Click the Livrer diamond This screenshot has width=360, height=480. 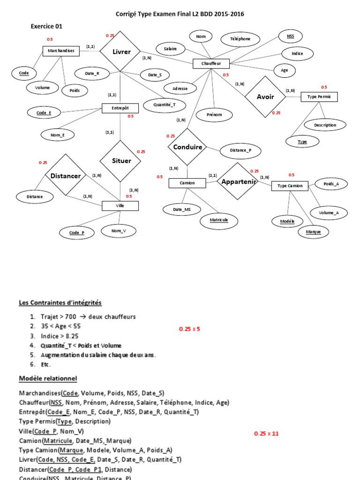[121, 52]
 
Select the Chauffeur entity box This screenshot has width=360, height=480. [211, 63]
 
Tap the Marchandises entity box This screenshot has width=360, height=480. [61, 51]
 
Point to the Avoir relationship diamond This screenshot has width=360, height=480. [265, 97]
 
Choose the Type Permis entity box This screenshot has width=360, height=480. [318, 97]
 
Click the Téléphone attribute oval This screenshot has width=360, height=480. [240, 39]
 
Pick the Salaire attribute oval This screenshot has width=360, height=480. [170, 48]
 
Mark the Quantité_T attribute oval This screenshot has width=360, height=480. [165, 105]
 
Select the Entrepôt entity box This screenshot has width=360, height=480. [121, 108]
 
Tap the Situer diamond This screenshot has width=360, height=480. [121, 161]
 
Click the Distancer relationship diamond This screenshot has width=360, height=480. [66, 176]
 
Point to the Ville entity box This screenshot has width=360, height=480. [120, 206]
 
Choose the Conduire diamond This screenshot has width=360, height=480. [187, 147]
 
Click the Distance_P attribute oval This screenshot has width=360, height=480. [240, 150]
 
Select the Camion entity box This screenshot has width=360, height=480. [187, 183]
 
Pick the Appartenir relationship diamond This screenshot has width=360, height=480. [239, 181]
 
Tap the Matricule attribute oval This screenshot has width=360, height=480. [219, 219]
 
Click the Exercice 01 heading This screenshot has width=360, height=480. [46, 26]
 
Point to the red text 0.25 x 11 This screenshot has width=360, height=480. [267, 434]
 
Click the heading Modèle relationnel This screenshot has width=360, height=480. [48, 378]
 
